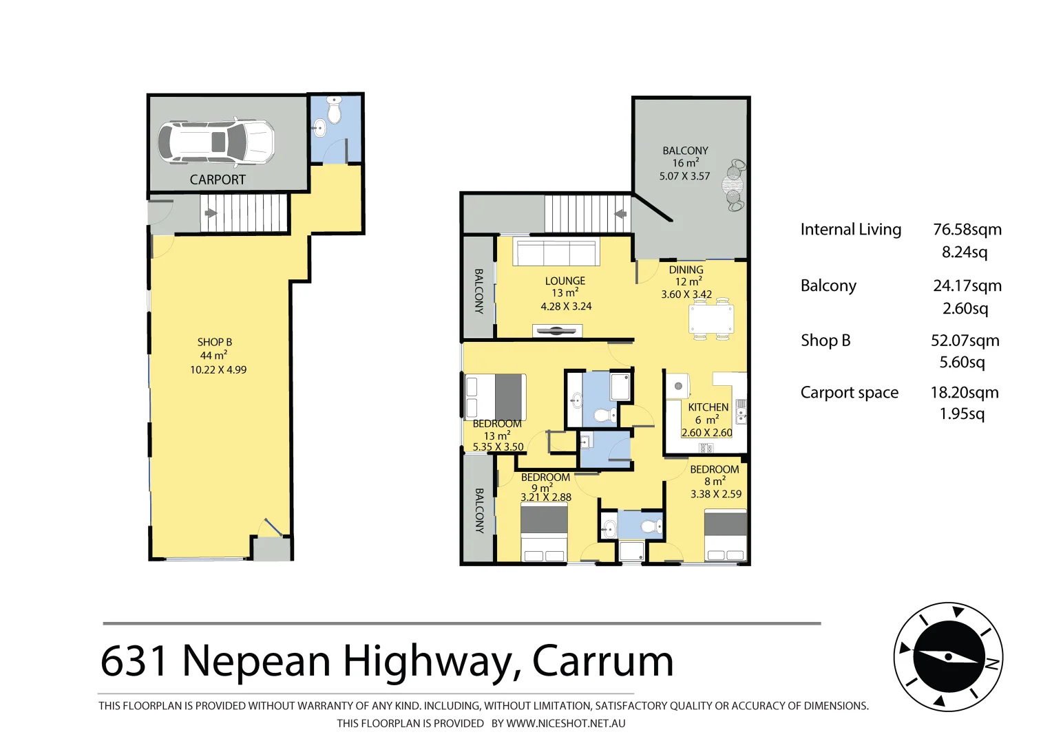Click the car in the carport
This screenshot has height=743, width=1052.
coord(216,142)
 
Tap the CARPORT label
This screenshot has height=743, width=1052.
coord(218,180)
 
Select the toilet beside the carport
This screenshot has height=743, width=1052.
coord(335,110)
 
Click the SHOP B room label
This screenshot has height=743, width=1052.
coord(215,342)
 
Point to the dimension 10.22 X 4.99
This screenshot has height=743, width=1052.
coord(218,369)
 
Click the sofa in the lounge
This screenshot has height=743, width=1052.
coord(556,252)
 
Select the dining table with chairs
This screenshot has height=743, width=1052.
coord(711,320)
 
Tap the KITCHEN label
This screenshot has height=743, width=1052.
coord(708,407)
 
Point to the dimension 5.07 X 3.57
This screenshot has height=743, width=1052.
coord(684,176)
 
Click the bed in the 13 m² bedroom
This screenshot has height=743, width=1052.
coord(496,397)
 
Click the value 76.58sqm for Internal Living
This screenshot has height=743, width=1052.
coord(967,230)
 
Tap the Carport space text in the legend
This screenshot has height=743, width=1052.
coord(849,393)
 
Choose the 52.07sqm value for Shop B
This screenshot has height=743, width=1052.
coord(965,341)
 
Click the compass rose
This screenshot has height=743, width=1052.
coord(948,657)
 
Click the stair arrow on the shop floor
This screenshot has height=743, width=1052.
coord(211,213)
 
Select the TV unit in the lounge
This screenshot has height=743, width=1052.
coord(557,331)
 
